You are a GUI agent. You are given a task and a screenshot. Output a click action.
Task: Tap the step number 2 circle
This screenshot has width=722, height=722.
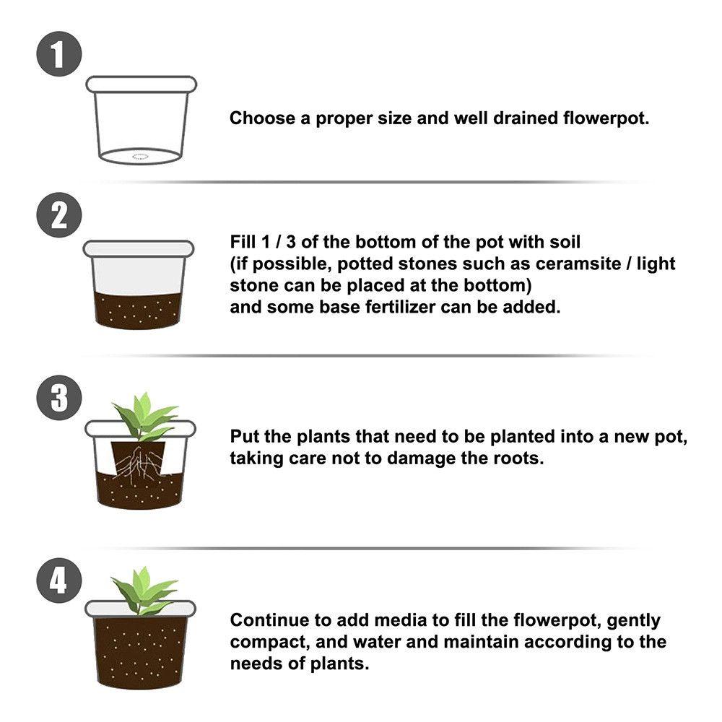tap(58, 215)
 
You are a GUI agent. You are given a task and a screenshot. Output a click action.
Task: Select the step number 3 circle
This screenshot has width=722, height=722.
tap(58, 398)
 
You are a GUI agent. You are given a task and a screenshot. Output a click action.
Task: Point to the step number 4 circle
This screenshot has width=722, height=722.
tap(58, 580)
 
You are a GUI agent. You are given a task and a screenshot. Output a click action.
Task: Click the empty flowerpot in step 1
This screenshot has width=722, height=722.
tap(141, 119)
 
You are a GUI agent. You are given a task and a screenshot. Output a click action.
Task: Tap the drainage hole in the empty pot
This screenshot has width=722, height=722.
tap(139, 155)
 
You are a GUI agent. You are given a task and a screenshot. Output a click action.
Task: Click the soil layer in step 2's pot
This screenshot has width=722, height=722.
tap(139, 309)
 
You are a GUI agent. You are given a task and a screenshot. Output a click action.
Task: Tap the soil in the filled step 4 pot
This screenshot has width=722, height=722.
tap(139, 650)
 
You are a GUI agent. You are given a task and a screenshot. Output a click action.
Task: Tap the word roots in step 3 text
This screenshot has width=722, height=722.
tap(517, 458)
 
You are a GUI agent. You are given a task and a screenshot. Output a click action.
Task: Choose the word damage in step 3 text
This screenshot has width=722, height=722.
tap(420, 458)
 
